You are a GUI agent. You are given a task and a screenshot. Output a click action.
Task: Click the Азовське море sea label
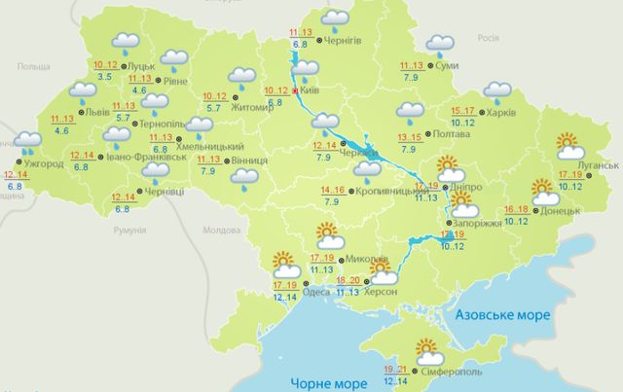pos(500,316)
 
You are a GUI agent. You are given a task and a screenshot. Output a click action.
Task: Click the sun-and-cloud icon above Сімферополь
pos(429,348)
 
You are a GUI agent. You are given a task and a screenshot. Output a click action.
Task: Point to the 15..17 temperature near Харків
pos(462,110)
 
